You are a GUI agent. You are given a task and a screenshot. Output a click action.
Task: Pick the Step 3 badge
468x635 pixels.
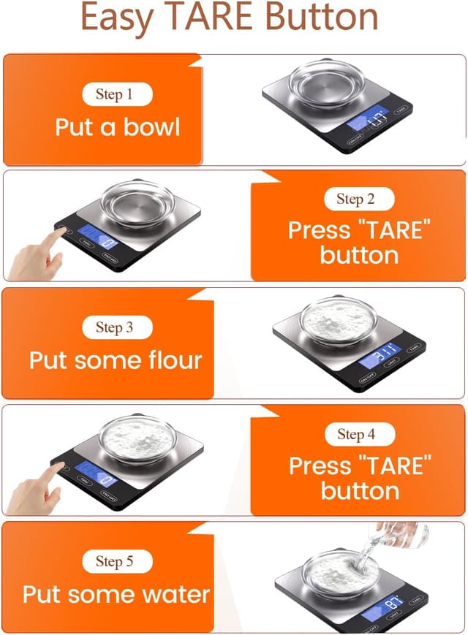tap(114, 327)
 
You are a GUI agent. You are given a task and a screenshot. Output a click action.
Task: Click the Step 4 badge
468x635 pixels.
tap(356, 434)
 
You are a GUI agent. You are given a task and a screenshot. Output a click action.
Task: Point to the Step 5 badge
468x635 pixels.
tap(114, 561)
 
